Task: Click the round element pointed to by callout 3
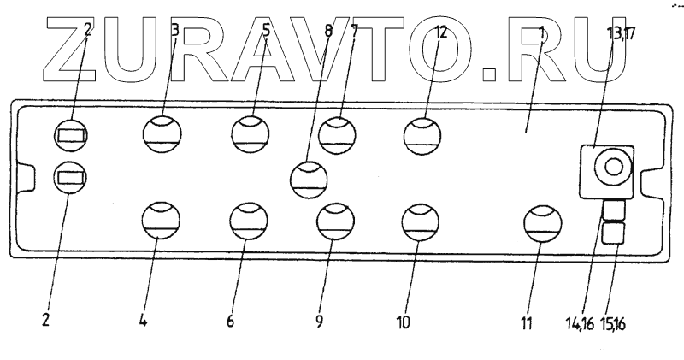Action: point(162,134)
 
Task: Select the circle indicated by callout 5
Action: point(251,134)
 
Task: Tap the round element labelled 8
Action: point(309,177)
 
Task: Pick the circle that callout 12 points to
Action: point(422,134)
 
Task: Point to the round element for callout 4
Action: point(161,221)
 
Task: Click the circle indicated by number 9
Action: point(334,221)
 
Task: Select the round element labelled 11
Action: point(542,223)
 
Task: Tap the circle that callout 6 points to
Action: point(248,221)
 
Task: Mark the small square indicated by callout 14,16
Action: point(614,210)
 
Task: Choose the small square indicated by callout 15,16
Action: point(614,233)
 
